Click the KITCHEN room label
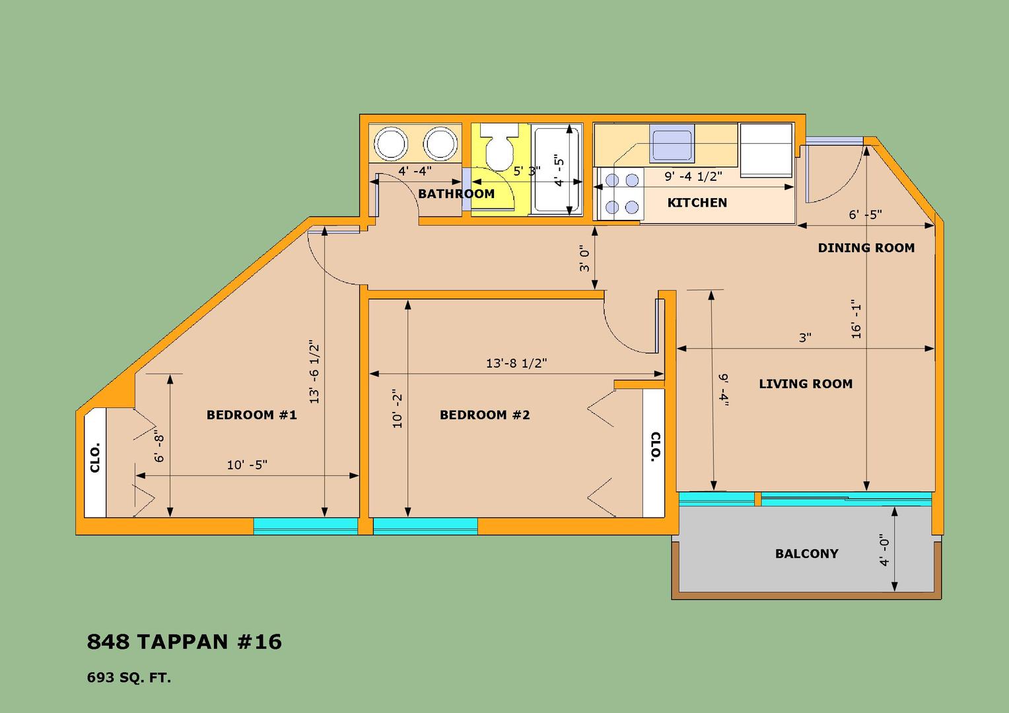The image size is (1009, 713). (x=697, y=203)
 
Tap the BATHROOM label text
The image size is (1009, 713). (x=456, y=193)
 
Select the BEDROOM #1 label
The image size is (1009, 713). (x=252, y=415)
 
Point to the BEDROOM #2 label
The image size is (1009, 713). (x=485, y=415)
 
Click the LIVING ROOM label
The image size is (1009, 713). (x=806, y=384)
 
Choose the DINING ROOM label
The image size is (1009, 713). (x=866, y=248)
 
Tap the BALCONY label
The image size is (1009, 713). (x=807, y=553)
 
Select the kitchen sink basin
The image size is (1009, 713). (x=672, y=144)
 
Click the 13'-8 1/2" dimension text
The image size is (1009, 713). (x=516, y=363)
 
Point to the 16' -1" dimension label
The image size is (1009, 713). (x=856, y=320)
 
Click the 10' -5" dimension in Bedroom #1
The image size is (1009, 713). (x=247, y=464)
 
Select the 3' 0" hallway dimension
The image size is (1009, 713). (x=584, y=259)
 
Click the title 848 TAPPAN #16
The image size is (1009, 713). (x=184, y=642)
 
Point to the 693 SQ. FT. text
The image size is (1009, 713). (x=129, y=678)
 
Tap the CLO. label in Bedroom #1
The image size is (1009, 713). (x=95, y=458)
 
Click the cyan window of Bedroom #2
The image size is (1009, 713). (x=425, y=526)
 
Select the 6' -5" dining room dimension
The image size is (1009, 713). (x=865, y=215)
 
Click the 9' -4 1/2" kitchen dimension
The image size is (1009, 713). (x=693, y=176)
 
